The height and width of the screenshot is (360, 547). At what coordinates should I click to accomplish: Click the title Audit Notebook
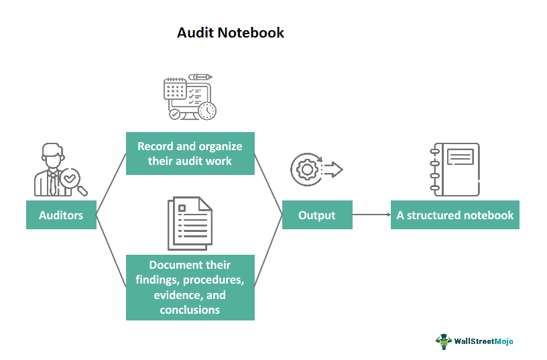point(230,32)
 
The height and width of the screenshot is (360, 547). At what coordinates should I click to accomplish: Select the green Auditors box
point(61,215)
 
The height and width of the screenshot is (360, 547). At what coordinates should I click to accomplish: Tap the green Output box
point(316,215)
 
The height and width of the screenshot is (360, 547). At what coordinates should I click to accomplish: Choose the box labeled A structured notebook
point(454,215)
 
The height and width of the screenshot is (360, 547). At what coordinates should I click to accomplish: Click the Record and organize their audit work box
point(190,154)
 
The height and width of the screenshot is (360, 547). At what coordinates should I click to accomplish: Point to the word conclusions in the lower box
point(190,310)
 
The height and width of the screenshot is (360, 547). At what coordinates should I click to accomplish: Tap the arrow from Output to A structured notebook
point(371,215)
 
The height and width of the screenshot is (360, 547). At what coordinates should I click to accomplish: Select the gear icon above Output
point(307,170)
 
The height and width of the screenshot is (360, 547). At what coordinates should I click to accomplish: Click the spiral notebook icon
point(456,169)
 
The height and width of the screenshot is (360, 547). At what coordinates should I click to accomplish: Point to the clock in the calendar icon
point(207,111)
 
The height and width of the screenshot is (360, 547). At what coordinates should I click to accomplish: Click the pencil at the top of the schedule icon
point(200,78)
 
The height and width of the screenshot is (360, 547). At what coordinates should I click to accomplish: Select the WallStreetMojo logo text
point(483,341)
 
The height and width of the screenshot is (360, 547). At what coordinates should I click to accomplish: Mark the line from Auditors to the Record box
point(111,184)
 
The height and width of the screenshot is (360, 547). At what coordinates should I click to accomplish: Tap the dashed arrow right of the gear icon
point(332,170)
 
